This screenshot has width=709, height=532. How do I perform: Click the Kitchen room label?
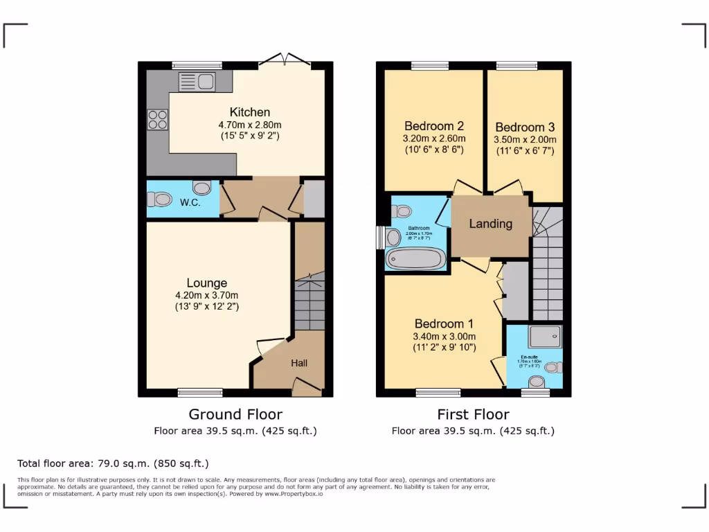tap(250, 112)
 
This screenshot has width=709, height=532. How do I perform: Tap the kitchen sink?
tap(197, 82)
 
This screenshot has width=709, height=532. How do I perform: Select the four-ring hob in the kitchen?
tap(157, 120)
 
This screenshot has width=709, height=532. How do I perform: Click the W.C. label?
tap(190, 203)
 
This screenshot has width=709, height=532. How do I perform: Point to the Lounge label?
tap(206, 283)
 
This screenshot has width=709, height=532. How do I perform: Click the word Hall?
tap(299, 363)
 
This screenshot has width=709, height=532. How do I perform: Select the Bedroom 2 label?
tap(433, 126)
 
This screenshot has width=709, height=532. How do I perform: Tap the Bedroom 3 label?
tap(525, 127)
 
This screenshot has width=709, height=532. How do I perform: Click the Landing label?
tap(491, 224)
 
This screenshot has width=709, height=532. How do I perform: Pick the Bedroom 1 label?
tap(444, 323)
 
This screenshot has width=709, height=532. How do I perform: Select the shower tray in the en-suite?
tap(545, 337)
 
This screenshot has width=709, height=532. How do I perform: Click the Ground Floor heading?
tap(235, 414)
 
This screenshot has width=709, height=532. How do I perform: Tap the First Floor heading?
tap(473, 414)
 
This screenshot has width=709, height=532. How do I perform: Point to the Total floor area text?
tap(113, 463)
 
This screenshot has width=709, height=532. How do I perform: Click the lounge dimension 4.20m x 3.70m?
tap(207, 295)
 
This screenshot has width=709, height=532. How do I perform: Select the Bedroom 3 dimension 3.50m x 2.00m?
tap(525, 139)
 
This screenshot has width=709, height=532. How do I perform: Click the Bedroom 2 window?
tap(430, 66)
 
